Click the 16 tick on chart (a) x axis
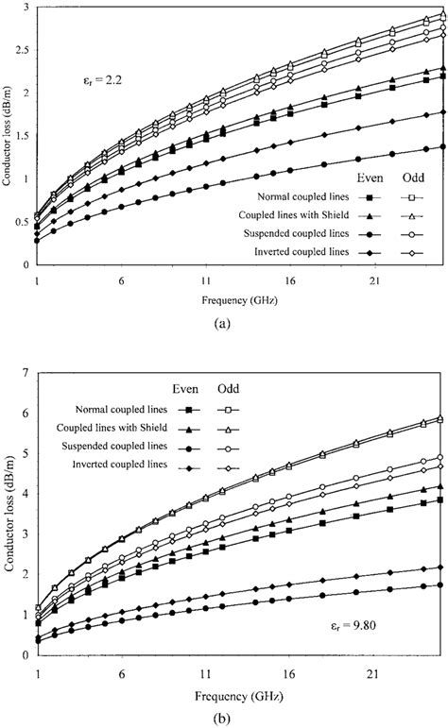coord(290,282)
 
